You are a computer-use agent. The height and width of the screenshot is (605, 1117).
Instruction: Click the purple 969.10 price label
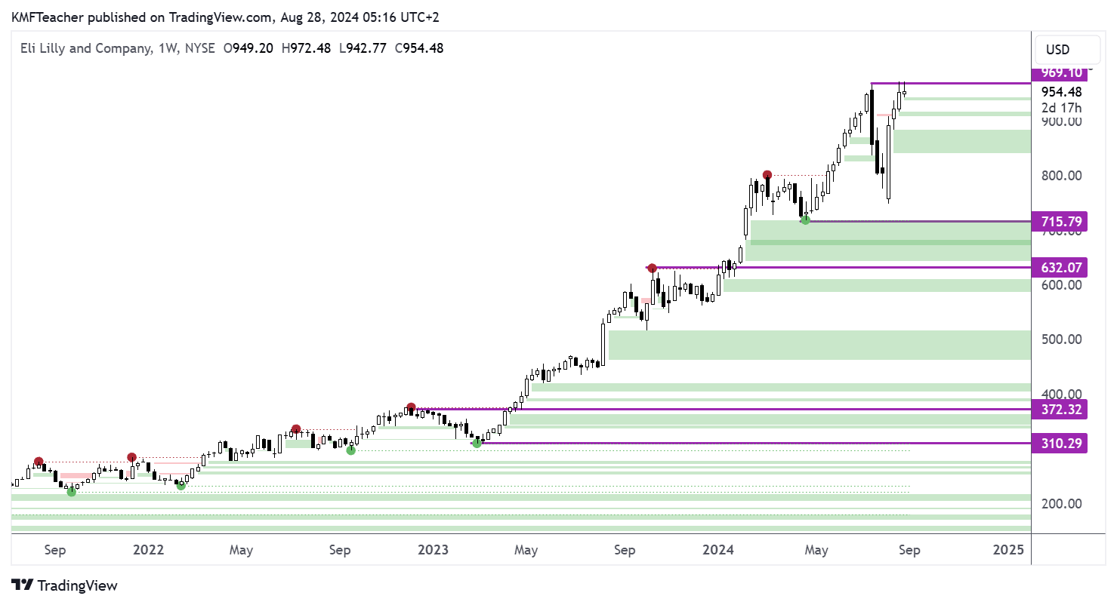point(1060,73)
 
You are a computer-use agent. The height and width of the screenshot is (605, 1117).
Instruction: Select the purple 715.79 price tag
point(1060,222)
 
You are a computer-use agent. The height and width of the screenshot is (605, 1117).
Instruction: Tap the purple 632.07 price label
point(1060,267)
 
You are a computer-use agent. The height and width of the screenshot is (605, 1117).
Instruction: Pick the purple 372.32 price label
point(1060,410)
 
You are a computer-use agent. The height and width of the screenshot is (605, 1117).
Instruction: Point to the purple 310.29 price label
point(1060,444)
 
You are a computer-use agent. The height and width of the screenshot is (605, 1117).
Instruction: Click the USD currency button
point(1067,50)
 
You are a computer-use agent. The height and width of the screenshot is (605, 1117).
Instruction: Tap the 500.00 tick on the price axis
point(1061,339)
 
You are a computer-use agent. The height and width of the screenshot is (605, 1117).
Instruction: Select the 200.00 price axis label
point(1061,504)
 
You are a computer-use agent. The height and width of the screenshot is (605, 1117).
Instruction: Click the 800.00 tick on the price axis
point(1061,176)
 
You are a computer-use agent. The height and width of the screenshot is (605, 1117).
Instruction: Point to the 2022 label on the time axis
point(148,551)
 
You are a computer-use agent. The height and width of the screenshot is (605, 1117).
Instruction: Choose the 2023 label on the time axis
point(433,551)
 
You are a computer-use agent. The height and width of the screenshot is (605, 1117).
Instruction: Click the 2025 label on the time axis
point(1008,551)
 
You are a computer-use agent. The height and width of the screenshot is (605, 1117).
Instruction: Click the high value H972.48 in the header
point(306,48)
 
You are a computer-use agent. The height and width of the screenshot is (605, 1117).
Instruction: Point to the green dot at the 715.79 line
point(806,220)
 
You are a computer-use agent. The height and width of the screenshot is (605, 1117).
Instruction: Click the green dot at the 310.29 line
point(477,443)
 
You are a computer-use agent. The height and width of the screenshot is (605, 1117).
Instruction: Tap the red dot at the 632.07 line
point(652,268)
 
